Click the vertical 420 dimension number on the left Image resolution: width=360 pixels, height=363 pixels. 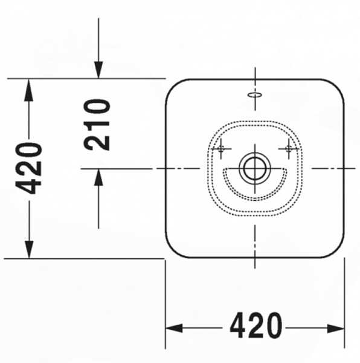click(28, 168)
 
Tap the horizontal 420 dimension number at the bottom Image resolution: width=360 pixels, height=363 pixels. click(256, 327)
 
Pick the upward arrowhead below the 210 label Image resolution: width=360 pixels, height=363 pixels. click(98, 177)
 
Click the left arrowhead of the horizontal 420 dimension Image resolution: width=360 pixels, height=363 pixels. click(175, 328)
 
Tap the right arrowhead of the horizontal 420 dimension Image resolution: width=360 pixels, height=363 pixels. click(335, 328)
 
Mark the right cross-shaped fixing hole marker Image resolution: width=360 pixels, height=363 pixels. click(290, 146)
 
